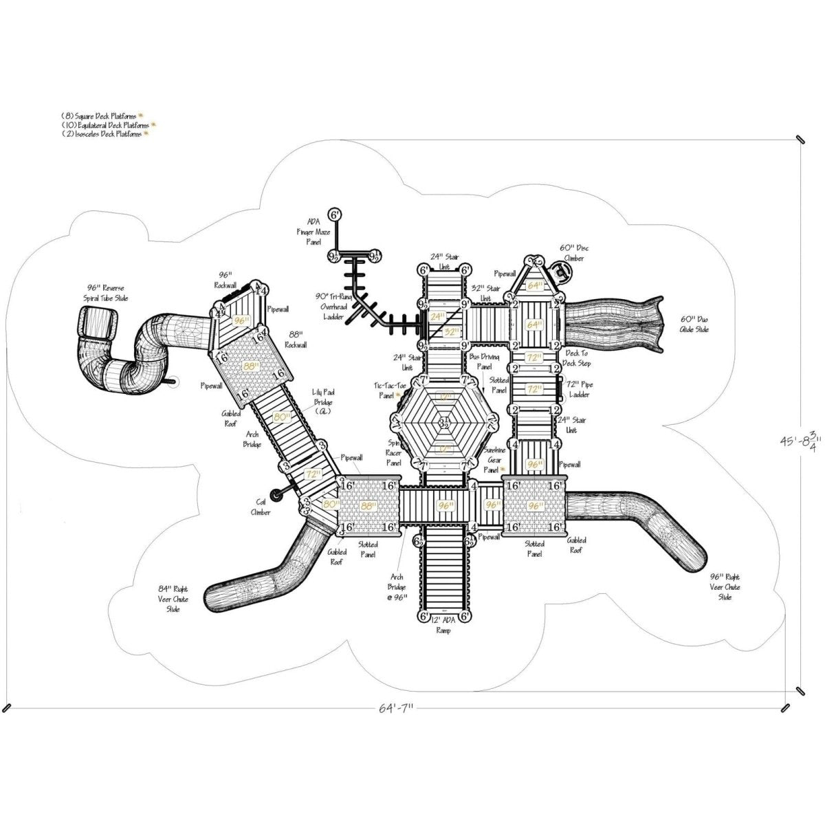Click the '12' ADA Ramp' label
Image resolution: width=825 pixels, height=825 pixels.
coord(443,625)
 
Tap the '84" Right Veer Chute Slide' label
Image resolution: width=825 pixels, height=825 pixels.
coord(173,599)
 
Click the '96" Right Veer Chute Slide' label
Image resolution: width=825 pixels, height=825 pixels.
coord(725,587)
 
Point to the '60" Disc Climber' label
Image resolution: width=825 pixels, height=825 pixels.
coord(574,252)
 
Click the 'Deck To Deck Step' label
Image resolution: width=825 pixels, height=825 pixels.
coord(576,357)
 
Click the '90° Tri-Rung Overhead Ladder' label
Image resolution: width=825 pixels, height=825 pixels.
coord(333,305)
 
